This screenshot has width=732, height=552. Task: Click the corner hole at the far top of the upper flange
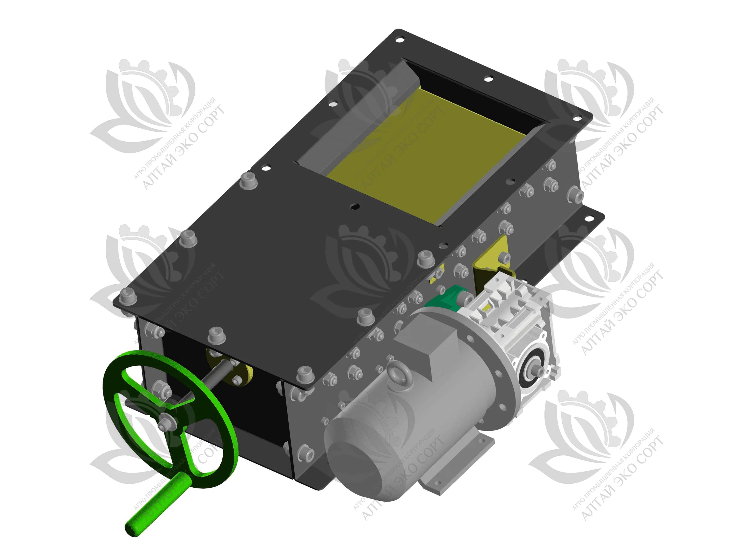(400, 40)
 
